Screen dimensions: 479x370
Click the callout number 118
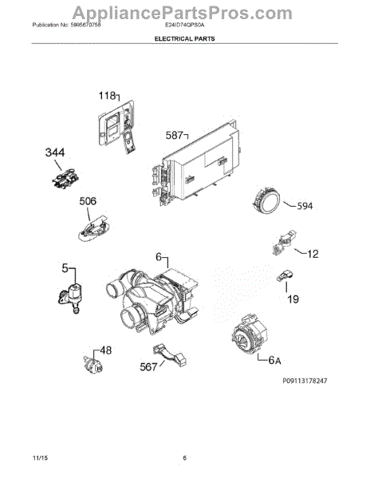(107, 95)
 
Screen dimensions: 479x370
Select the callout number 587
(174, 135)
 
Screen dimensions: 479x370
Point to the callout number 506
(89, 201)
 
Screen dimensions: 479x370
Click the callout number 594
(305, 206)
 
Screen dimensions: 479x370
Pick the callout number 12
(313, 255)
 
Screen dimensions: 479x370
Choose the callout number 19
(294, 299)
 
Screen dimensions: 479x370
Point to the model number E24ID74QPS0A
(185, 26)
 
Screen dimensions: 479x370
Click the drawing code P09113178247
(293, 383)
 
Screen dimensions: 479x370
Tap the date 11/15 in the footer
(41, 458)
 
